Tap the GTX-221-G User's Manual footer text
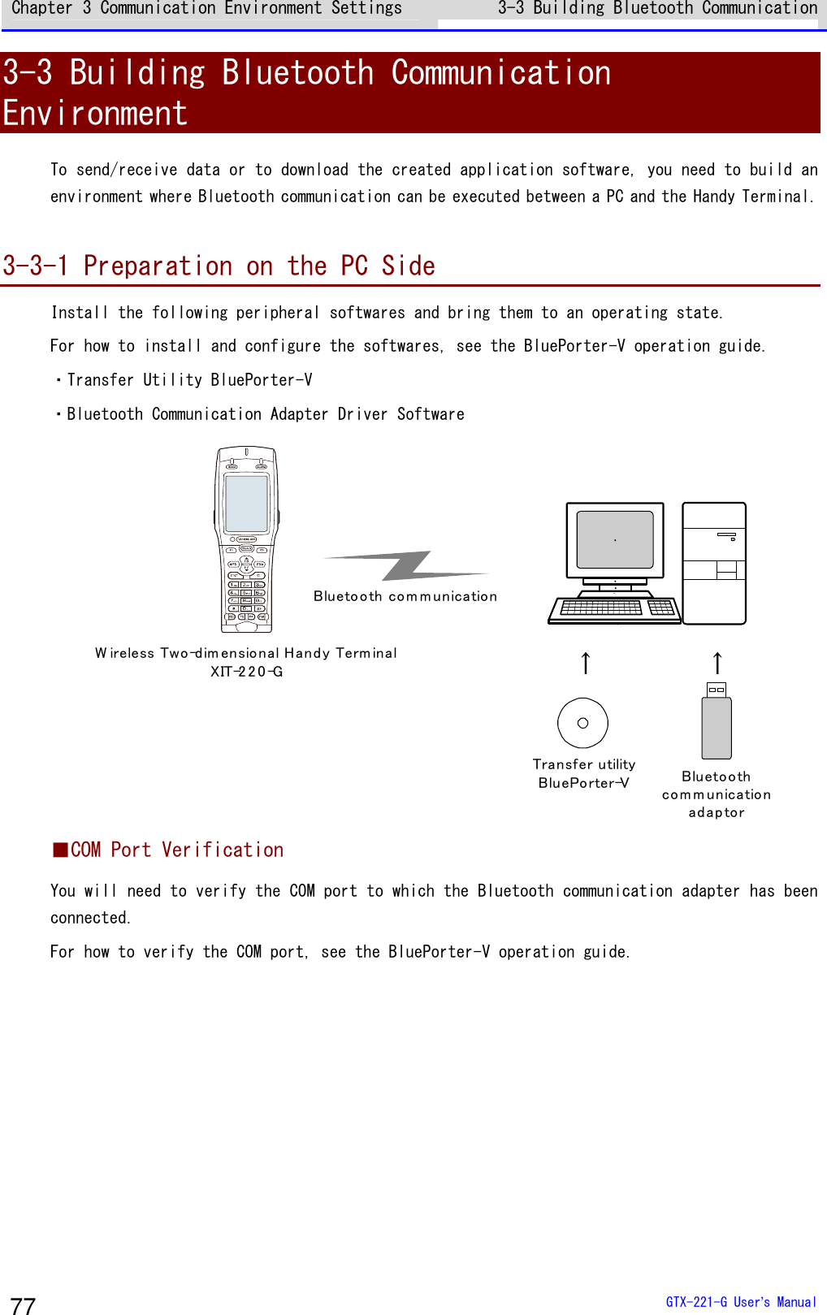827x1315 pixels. (740, 1302)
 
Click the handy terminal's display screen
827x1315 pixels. (246, 504)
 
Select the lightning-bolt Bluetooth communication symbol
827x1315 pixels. (406, 565)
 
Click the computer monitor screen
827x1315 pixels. (615, 539)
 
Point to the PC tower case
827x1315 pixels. (714, 563)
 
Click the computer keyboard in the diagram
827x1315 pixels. (615, 609)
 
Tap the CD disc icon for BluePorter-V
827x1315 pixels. (582, 723)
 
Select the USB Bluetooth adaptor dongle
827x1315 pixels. (717, 721)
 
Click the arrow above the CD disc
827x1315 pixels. (586, 663)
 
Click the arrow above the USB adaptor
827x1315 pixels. (717, 663)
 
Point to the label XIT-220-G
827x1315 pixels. (246, 672)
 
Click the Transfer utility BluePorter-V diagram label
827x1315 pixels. (583, 773)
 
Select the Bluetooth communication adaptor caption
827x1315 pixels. (717, 794)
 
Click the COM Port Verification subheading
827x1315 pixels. (177, 850)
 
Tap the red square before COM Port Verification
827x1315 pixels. (60, 850)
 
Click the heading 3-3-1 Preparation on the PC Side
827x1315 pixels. (219, 266)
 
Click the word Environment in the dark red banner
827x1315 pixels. (95, 114)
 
